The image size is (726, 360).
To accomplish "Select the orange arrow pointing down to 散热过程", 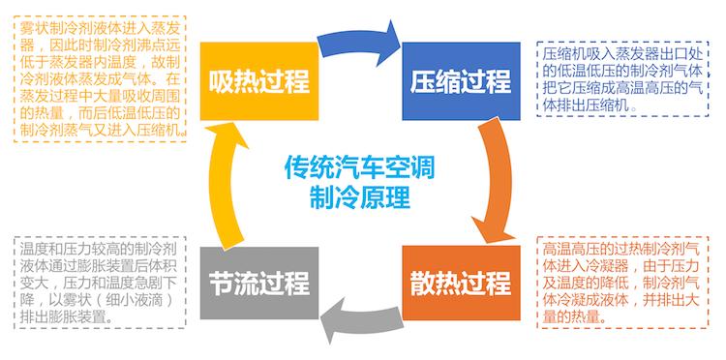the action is pyautogui.click(x=494, y=184).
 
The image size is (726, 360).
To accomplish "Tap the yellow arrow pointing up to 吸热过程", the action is pyautogui.click(x=226, y=184).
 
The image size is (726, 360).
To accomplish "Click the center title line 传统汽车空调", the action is pyautogui.click(x=360, y=166).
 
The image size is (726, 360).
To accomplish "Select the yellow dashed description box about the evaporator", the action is pyautogui.click(x=101, y=77).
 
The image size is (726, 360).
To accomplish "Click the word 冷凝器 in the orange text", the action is pyautogui.click(x=616, y=267).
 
